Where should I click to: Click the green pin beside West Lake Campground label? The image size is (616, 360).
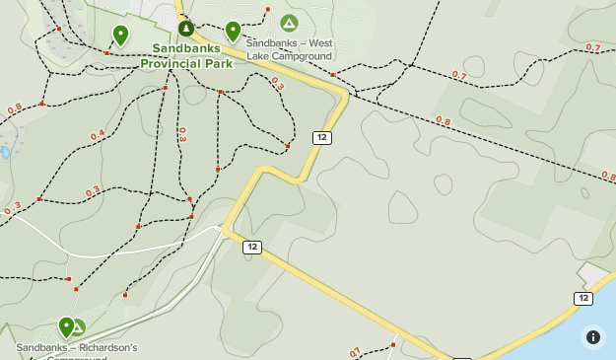tap(233, 32)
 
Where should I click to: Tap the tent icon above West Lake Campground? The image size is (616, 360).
tap(289, 23)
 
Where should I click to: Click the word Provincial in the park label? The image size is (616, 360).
tap(171, 63)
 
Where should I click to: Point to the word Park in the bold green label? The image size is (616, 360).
tap(217, 63)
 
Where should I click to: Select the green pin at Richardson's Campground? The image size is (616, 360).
tap(66, 325)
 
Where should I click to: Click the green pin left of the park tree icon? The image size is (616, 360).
tap(120, 36)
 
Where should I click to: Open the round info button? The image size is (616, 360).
tap(593, 337)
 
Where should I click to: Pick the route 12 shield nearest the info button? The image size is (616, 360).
tap(583, 298)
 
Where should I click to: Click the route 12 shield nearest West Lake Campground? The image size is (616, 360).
tap(321, 137)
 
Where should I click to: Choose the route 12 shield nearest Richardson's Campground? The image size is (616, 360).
tap(252, 247)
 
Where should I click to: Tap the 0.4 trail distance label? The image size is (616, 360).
tap(97, 135)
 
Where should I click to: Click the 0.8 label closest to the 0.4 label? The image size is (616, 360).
tap(14, 109)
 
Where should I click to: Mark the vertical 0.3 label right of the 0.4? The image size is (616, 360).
tap(182, 134)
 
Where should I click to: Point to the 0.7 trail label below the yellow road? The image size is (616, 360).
tap(355, 351)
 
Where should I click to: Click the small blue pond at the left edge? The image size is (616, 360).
tap(5, 153)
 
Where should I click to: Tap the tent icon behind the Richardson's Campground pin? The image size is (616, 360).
tap(78, 327)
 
